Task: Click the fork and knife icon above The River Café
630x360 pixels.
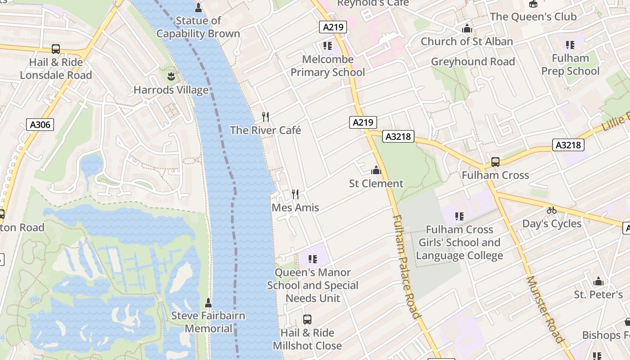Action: pyautogui.click(x=265, y=117)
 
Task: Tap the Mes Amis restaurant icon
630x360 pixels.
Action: pyautogui.click(x=295, y=194)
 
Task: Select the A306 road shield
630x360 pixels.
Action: pyautogui.click(x=40, y=125)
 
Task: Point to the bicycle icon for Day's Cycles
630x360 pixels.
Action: pyautogui.click(x=552, y=210)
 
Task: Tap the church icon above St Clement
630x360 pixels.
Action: pyautogui.click(x=376, y=170)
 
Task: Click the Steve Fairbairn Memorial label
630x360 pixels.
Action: pyautogui.click(x=208, y=322)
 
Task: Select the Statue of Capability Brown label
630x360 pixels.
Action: pyautogui.click(x=198, y=27)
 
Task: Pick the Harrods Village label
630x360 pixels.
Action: pyautogui.click(x=171, y=90)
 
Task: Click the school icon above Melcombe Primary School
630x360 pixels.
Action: pyautogui.click(x=327, y=46)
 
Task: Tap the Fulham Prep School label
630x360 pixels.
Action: pyautogui.click(x=571, y=64)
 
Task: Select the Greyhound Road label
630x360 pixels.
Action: pyautogui.click(x=473, y=62)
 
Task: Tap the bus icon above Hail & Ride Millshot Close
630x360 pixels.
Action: pyautogui.click(x=307, y=319)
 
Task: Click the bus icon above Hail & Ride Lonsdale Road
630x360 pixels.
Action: pyautogui.click(x=56, y=49)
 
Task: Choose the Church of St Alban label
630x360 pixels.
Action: pyautogui.click(x=467, y=41)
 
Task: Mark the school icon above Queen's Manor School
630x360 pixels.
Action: pyautogui.click(x=313, y=259)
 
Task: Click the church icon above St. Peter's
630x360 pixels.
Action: pyautogui.click(x=598, y=282)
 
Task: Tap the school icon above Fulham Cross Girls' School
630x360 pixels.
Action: pyautogui.click(x=459, y=216)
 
